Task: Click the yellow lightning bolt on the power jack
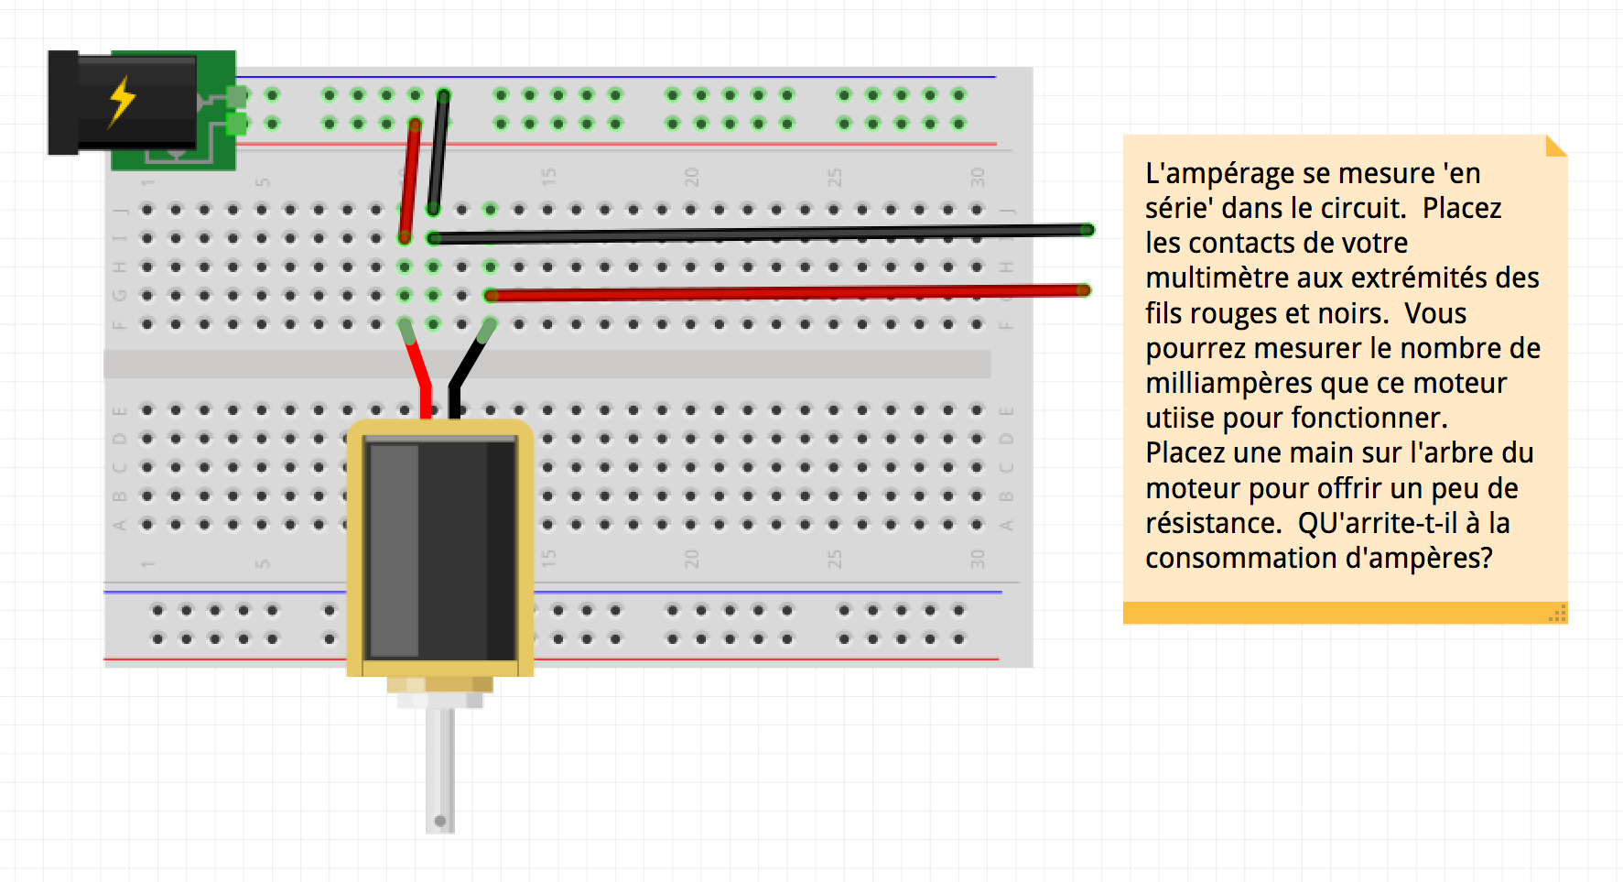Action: (x=122, y=101)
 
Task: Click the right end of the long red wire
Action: (x=1083, y=290)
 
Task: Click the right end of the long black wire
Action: (x=1087, y=230)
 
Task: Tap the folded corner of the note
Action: (x=1556, y=146)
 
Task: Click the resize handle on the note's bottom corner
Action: (x=1557, y=614)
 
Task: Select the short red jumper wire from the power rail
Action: (x=409, y=179)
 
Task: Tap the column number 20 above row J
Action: (x=691, y=177)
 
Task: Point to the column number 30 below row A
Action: (x=978, y=559)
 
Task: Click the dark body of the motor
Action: (x=439, y=550)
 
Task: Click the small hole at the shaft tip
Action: (x=440, y=821)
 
